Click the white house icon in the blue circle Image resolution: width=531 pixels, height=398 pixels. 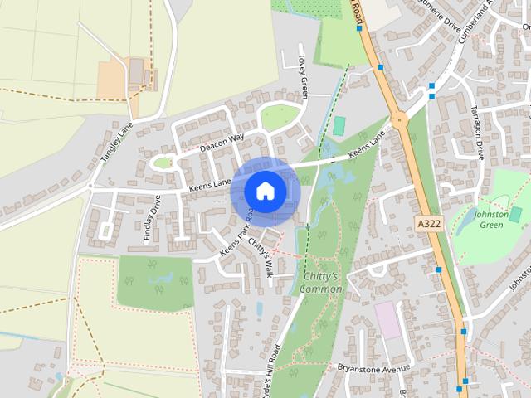265,191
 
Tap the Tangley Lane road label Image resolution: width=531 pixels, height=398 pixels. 116,143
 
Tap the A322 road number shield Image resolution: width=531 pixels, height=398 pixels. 428,224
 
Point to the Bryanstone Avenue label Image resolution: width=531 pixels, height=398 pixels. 373,366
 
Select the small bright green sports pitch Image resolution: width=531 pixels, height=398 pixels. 339,126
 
